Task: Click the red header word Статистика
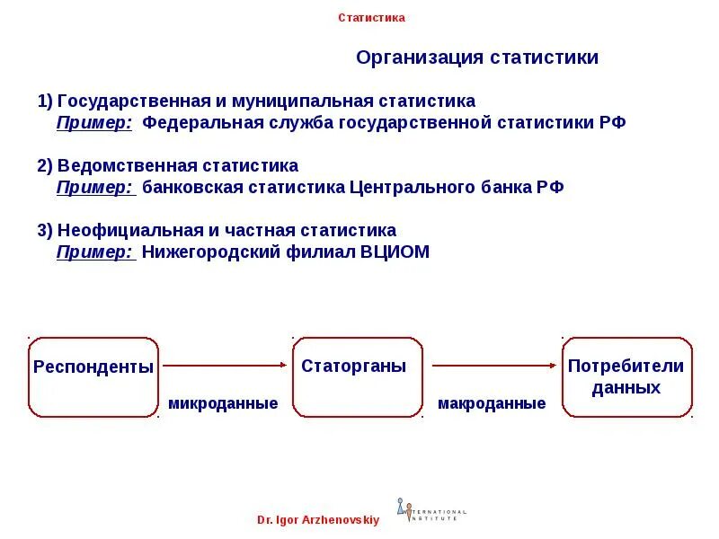371,18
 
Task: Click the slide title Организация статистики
476,58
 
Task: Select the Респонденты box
93,377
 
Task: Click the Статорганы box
357,377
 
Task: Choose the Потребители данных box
626,377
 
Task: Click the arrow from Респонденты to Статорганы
225,366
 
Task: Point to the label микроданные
223,404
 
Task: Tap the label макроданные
492,404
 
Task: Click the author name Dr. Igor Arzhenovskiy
318,520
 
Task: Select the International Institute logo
431,510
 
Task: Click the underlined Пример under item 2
94,188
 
